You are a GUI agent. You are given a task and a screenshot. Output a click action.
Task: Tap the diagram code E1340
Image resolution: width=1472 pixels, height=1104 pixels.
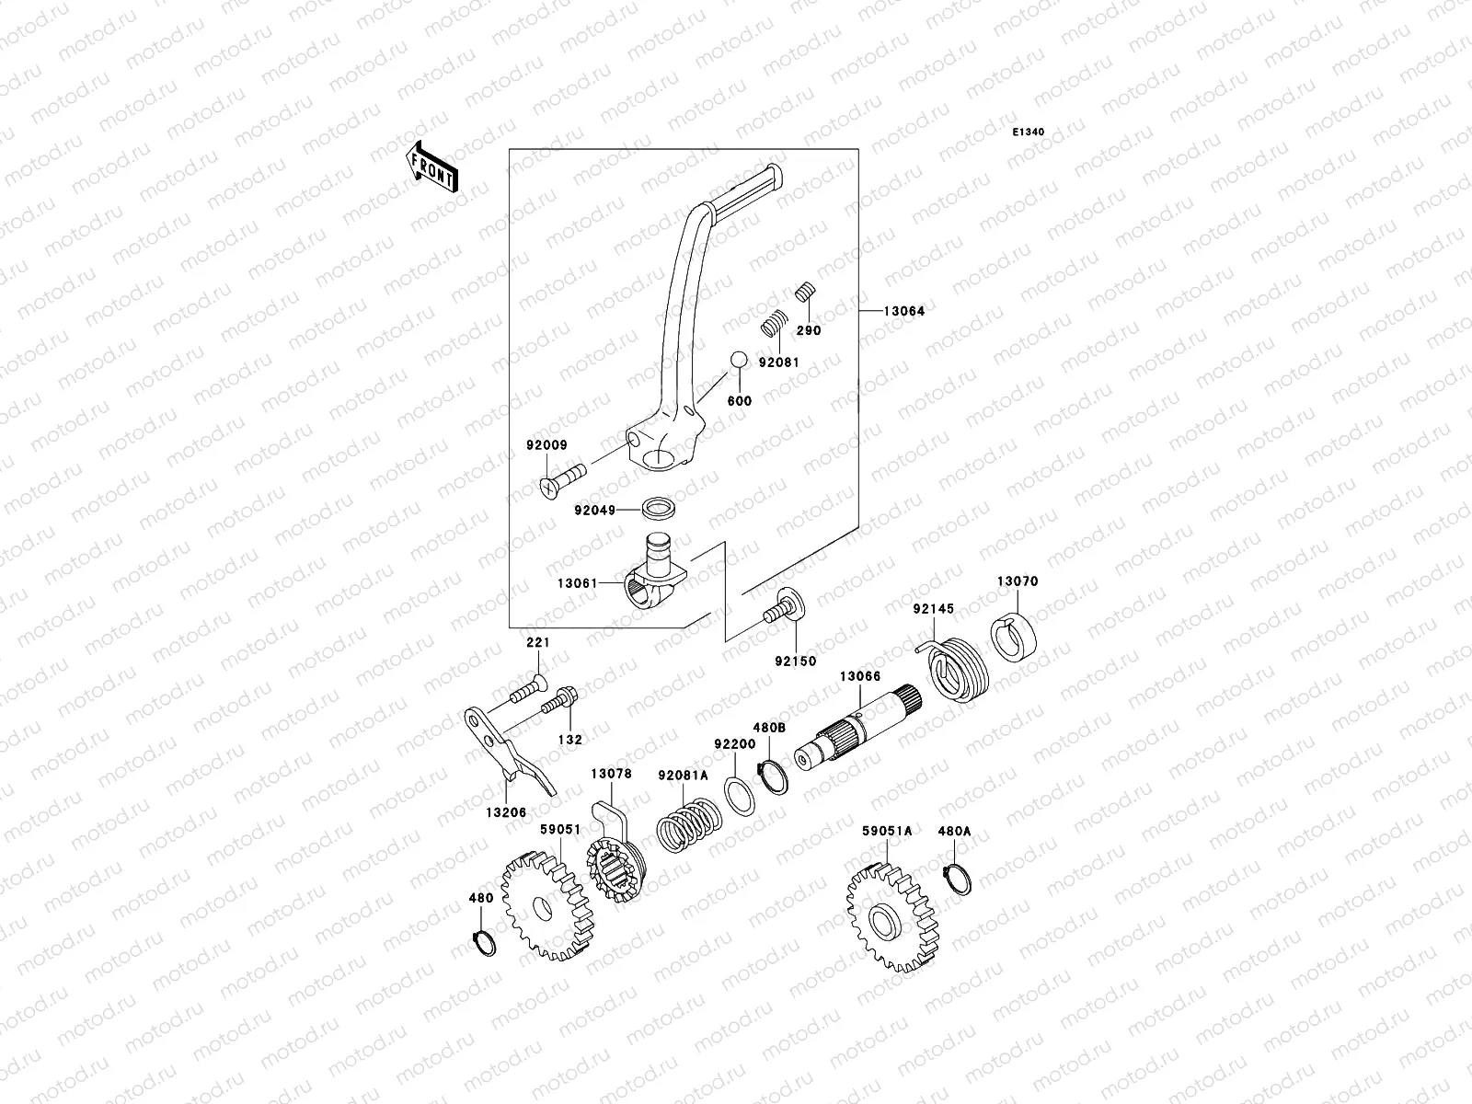1029,132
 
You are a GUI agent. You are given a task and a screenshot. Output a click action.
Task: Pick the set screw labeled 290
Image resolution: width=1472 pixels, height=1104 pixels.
807,293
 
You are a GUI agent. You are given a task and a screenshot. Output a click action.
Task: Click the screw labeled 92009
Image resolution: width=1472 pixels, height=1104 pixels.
558,481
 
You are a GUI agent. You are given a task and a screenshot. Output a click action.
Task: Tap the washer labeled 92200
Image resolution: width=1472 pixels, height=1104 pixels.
740,793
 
